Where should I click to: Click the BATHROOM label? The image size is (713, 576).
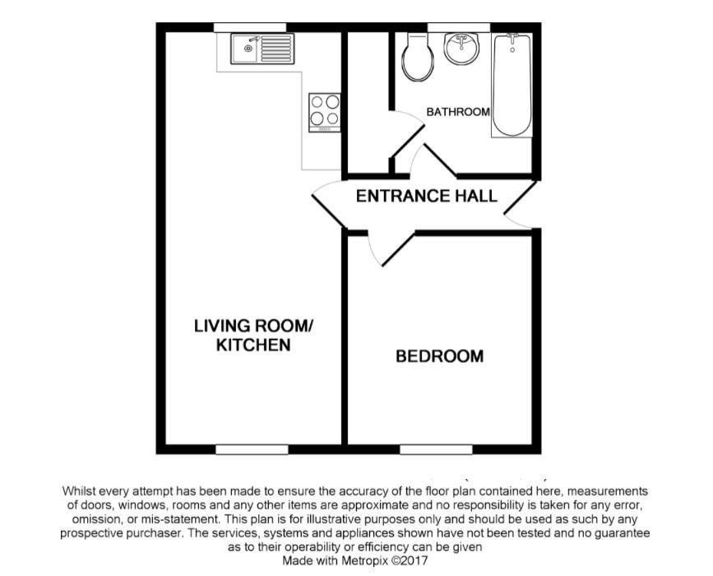click(x=458, y=111)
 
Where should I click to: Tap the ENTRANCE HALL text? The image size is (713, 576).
click(x=427, y=196)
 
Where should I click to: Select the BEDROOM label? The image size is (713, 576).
click(x=440, y=355)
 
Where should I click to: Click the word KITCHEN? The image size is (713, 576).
click(x=253, y=345)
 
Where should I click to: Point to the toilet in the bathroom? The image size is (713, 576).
click(x=418, y=57)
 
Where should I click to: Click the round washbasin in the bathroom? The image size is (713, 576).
click(x=461, y=48)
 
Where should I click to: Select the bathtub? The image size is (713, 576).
click(x=512, y=85)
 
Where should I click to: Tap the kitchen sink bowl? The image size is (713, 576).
click(x=246, y=49)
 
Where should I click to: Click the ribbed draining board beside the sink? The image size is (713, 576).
click(x=276, y=49)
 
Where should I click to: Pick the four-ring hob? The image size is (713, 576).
click(x=325, y=113)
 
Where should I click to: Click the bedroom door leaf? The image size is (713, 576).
click(x=399, y=249)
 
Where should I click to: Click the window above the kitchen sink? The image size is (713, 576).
click(x=250, y=28)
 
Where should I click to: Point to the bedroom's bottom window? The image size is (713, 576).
click(x=436, y=449)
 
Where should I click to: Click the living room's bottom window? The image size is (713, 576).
click(x=252, y=449)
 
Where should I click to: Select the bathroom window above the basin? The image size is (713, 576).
click(x=459, y=28)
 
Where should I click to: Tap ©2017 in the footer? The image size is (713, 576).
click(x=410, y=560)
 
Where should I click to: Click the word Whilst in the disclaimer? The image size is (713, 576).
click(x=78, y=491)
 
